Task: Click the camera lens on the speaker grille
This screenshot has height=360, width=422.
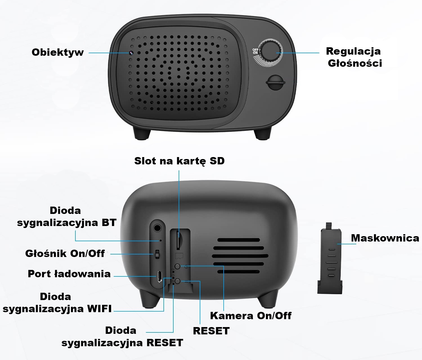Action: (131, 53)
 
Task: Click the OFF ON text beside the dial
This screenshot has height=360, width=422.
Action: (255, 51)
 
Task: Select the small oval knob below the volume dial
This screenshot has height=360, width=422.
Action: (275, 82)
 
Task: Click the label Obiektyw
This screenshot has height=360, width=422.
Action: (58, 52)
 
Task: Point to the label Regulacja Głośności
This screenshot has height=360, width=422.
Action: (354, 57)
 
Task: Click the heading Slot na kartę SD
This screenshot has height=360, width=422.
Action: (179, 161)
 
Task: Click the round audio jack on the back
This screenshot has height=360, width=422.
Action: (157, 227)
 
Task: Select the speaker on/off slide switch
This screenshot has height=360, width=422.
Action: (157, 254)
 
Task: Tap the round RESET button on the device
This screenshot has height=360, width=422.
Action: (178, 281)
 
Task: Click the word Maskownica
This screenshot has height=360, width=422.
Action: (385, 238)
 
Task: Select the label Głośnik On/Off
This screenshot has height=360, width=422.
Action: (65, 253)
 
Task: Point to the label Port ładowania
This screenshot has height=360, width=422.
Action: (69, 274)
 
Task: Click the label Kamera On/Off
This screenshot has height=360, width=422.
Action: (251, 316)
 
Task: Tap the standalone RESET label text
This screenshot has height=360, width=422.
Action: (211, 331)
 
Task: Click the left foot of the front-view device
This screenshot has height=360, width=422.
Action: (142, 134)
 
